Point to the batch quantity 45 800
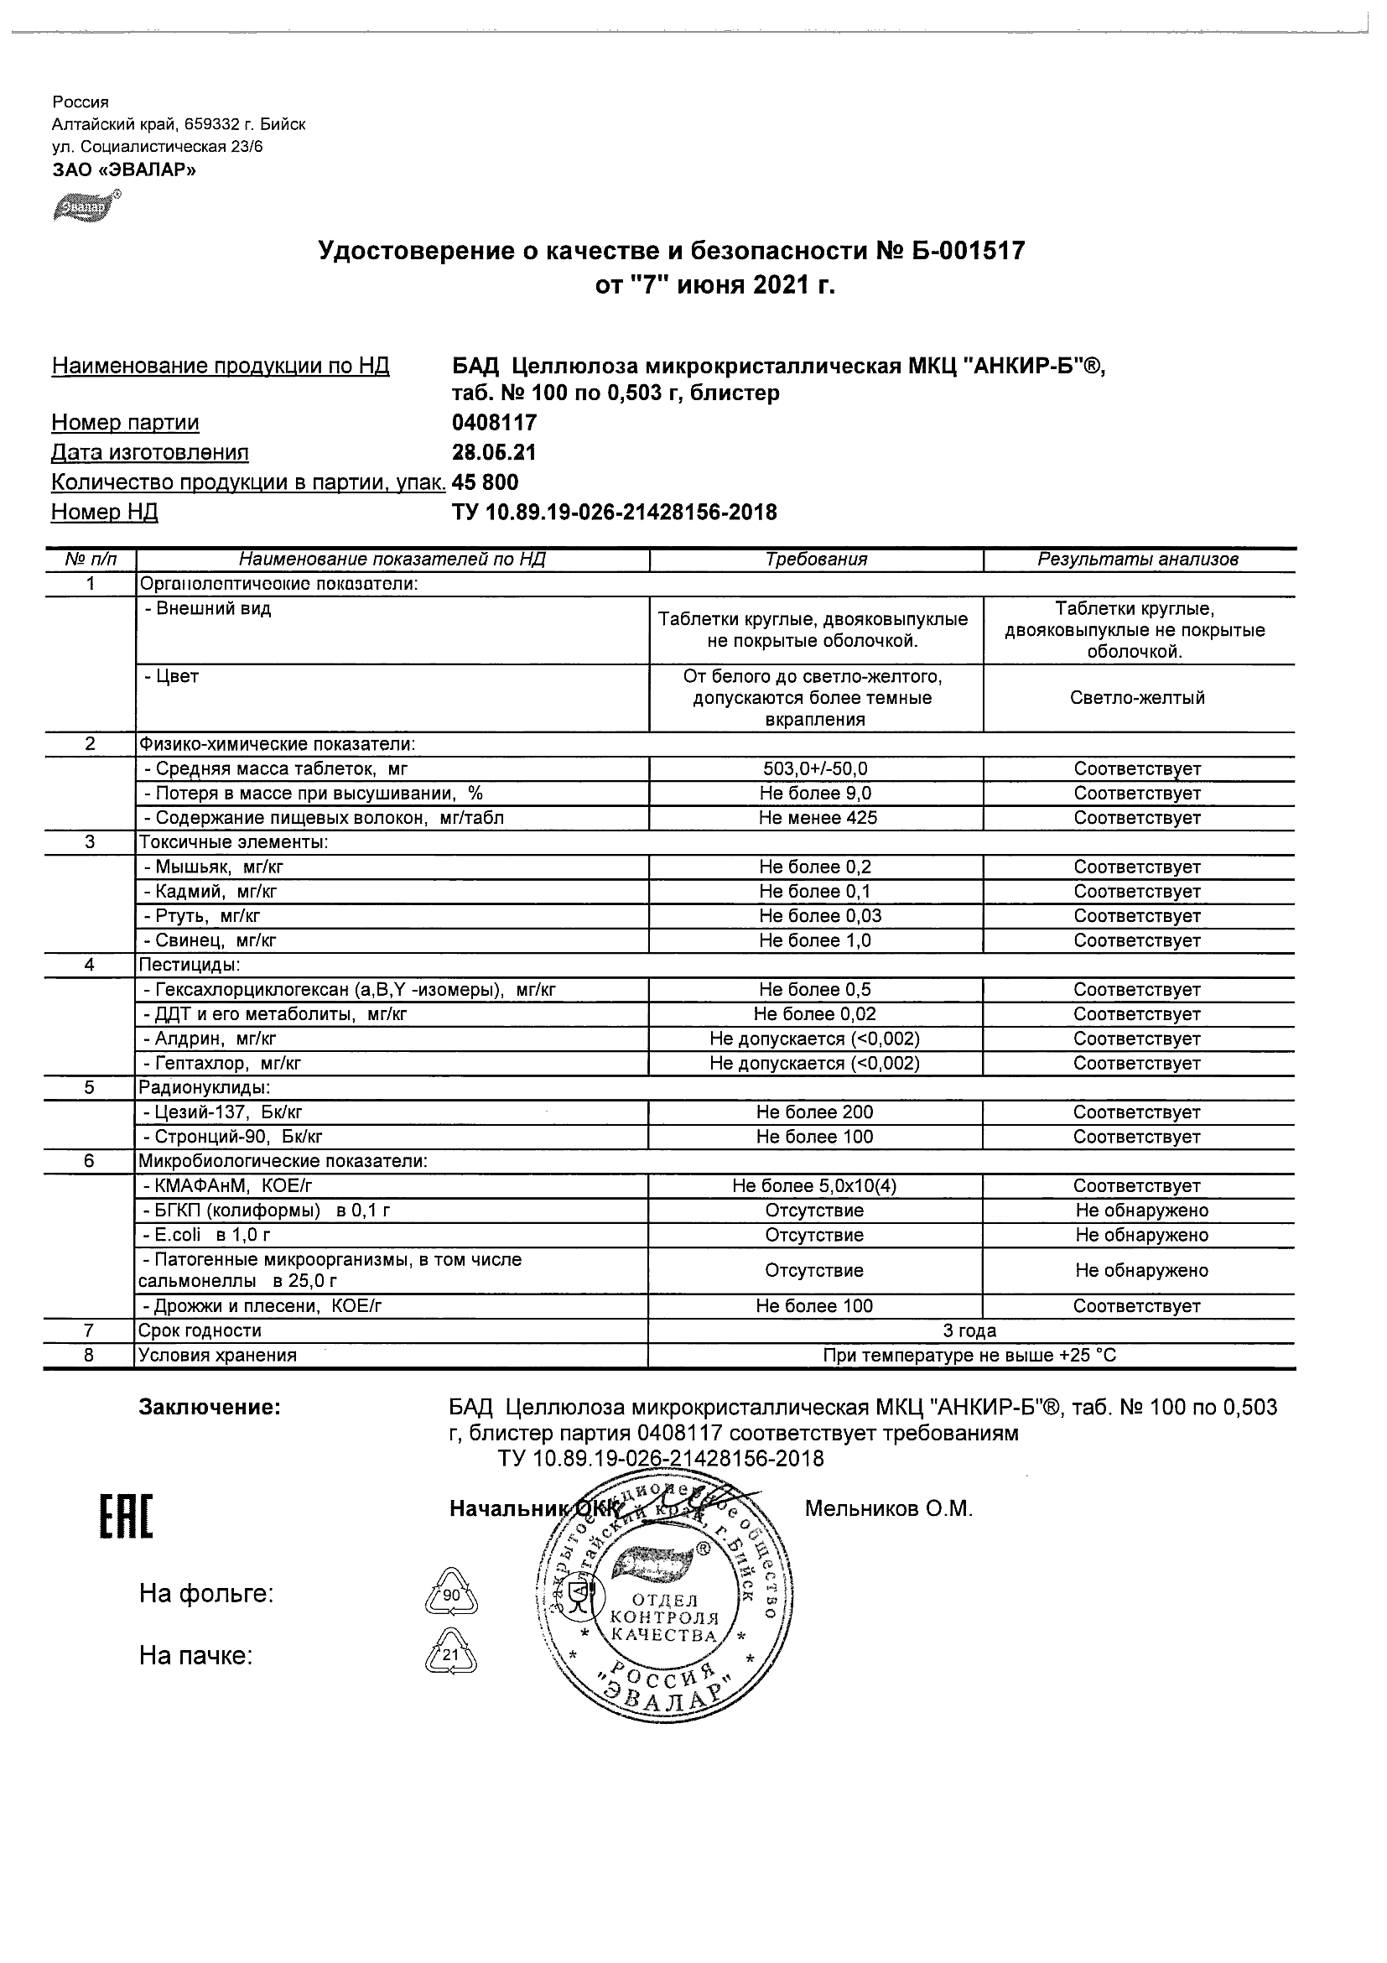[x=485, y=482]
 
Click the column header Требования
[x=816, y=560]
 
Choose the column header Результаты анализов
[x=1137, y=560]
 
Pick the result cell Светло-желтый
[x=1137, y=698]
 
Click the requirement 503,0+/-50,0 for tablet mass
[x=816, y=769]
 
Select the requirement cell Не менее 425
[x=816, y=818]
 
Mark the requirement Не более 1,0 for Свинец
[x=816, y=941]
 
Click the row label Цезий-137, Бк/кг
[x=223, y=1112]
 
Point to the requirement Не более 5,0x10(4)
[x=816, y=1186]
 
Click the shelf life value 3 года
[x=969, y=1330]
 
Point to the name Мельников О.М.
[x=889, y=1509]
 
